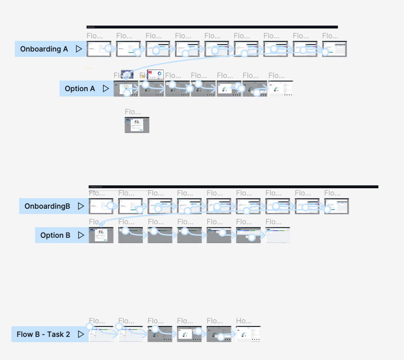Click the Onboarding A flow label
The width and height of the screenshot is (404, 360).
(x=44, y=49)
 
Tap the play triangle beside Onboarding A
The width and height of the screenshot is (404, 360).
(x=79, y=49)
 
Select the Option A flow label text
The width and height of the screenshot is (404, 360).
(x=80, y=89)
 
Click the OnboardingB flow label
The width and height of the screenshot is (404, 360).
(x=47, y=206)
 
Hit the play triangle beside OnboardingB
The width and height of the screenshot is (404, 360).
(x=81, y=206)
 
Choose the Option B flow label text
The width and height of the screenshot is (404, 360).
(x=55, y=235)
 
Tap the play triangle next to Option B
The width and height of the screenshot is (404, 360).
(x=81, y=235)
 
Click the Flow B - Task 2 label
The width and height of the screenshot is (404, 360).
(x=43, y=334)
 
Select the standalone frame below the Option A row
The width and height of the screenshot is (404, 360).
(x=137, y=125)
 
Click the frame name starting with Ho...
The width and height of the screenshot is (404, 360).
(x=244, y=321)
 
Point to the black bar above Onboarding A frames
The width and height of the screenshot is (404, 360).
(x=212, y=27)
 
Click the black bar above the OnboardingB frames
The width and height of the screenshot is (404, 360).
(x=233, y=187)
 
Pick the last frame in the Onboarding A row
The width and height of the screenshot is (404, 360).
(x=335, y=49)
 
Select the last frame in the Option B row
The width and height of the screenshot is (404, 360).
(x=278, y=235)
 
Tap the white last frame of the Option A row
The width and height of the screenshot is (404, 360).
(x=281, y=89)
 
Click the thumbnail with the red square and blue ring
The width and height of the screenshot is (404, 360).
(x=155, y=74)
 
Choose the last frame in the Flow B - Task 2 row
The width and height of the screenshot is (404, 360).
(x=249, y=334)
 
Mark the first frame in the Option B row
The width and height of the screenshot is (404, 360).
(x=101, y=235)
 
